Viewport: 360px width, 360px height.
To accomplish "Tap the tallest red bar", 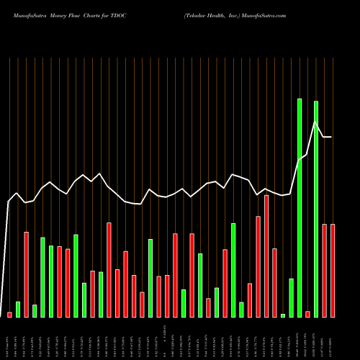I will coord(266,256).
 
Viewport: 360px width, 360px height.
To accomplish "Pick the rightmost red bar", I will coord(333,270).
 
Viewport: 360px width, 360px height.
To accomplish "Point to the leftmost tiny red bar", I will coord(9,315).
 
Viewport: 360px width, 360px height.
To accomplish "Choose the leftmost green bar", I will coord(18,309).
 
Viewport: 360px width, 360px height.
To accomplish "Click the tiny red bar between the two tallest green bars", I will coord(307,314).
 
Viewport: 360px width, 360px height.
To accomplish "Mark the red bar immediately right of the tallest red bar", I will coord(274,282).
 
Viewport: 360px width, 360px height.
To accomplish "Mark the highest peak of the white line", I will coord(315,122).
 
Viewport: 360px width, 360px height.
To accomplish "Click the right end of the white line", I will coord(331,137).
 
